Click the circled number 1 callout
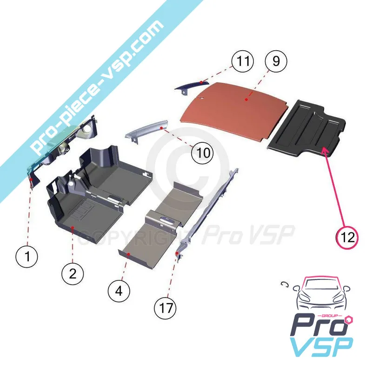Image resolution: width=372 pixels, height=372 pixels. click(27, 256)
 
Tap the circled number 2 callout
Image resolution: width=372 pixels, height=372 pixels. click(73, 274)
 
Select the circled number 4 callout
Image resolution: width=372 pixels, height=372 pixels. click(119, 291)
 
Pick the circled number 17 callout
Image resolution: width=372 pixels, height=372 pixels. click(166, 308)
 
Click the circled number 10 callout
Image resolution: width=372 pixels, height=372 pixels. click(203, 153)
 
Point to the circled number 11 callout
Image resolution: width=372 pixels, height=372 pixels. click(242, 61)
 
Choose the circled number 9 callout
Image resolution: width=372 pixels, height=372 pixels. click(276, 61)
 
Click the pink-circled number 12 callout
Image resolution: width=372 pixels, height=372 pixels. click(347, 237)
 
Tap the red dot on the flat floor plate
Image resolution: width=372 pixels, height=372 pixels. click(128, 254)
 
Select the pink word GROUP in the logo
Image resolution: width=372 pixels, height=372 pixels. click(331, 316)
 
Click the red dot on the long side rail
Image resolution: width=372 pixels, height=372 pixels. click(177, 253)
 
